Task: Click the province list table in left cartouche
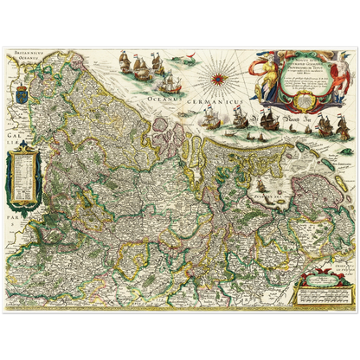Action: coord(23,173)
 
